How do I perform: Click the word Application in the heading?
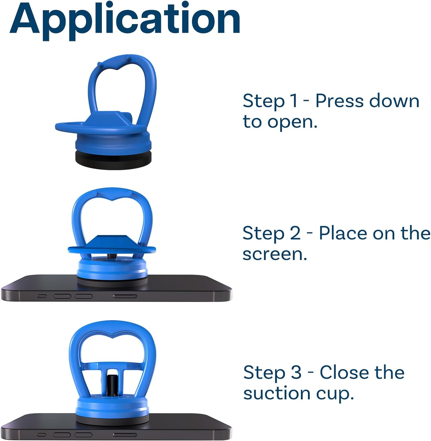pos(125,19)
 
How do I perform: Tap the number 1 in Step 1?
pos(293,101)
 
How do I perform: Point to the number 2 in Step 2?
pos(295,233)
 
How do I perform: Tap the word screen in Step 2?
pos(274,254)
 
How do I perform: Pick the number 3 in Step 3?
pos(296,372)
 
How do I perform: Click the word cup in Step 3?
pos(335,394)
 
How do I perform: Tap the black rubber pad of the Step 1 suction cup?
pos(113,159)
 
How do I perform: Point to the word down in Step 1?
pos(394,101)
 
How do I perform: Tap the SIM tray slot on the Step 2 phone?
pos(125,296)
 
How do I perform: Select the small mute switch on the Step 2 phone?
pos(42,296)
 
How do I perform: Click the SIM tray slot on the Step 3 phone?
pos(125,435)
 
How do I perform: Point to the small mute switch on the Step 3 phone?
pos(42,434)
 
